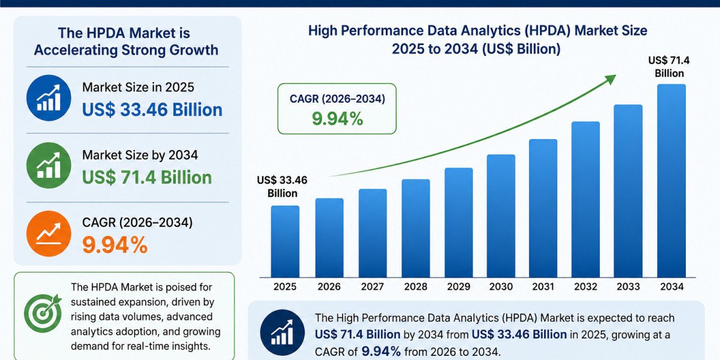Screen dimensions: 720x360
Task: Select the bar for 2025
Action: pyautogui.click(x=285, y=241)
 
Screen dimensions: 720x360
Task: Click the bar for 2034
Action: pyautogui.click(x=671, y=181)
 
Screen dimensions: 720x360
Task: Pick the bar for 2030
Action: pyautogui.click(x=501, y=215)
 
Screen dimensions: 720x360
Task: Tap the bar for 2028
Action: pyautogui.click(x=416, y=228)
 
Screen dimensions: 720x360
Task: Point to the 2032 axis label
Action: pyautogui.click(x=586, y=286)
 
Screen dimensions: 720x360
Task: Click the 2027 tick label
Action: pyautogui.click(x=372, y=286)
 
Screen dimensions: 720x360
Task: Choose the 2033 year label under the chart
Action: pyautogui.click(x=628, y=286)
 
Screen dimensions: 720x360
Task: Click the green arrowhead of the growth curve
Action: pyautogui.click(x=610, y=79)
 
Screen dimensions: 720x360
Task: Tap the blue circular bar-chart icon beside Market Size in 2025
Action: pyautogui.click(x=49, y=98)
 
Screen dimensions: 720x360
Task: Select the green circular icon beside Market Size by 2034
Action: pyautogui.click(x=49, y=165)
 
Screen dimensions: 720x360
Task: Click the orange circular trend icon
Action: pyautogui.click(x=49, y=233)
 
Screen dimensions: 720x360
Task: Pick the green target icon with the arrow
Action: pyautogui.click(x=43, y=313)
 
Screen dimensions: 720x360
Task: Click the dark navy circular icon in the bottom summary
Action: pyautogui.click(x=282, y=332)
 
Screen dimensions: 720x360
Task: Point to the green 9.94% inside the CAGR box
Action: pyautogui.click(x=337, y=119)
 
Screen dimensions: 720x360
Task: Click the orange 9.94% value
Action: pyautogui.click(x=115, y=245)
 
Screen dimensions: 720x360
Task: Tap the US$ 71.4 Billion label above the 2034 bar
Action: pyautogui.click(x=669, y=67)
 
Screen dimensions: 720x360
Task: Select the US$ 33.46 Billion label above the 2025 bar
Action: pyautogui.click(x=282, y=187)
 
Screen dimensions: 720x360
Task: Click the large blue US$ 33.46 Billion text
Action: pyautogui.click(x=152, y=110)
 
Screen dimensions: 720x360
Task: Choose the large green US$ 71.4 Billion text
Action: pyautogui.click(x=147, y=178)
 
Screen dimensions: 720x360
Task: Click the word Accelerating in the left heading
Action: pyautogui.click(x=76, y=50)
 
